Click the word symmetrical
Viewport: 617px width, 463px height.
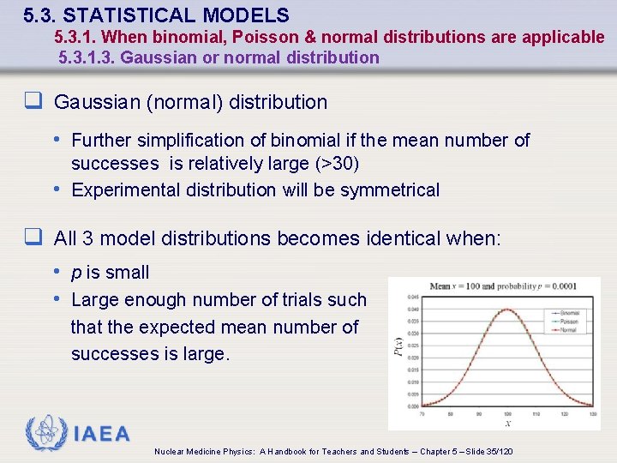tap(390, 189)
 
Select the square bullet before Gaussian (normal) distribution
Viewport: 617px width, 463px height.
tap(33, 102)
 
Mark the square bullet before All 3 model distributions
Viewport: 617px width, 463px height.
tap(33, 238)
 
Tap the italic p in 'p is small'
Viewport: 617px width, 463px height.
tap(76, 273)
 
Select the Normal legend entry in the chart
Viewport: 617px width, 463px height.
tap(569, 329)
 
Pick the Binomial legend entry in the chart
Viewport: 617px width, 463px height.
tap(569, 313)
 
